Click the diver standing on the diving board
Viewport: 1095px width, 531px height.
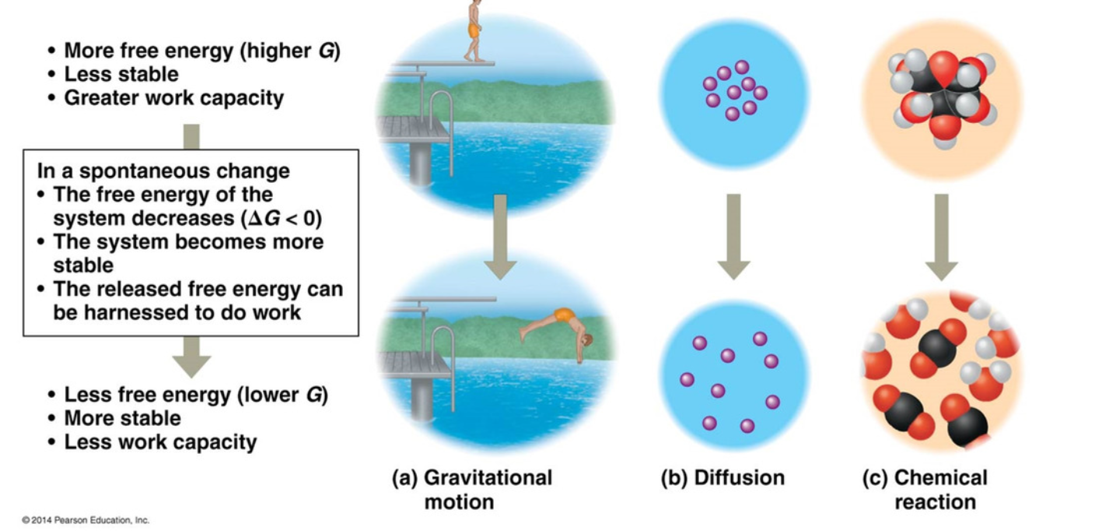(x=473, y=30)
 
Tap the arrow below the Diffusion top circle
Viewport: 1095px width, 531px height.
(x=733, y=237)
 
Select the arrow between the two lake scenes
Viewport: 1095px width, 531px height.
(x=500, y=237)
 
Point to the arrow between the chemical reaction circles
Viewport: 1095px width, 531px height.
(x=942, y=237)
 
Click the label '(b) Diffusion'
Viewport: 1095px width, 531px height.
(x=722, y=477)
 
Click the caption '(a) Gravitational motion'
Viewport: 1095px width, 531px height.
(x=472, y=490)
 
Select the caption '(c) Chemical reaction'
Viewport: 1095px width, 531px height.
(x=925, y=490)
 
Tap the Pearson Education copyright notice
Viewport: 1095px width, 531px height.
(x=86, y=520)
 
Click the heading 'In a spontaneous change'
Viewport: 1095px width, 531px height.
(x=163, y=171)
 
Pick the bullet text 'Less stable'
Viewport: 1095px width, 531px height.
(x=121, y=75)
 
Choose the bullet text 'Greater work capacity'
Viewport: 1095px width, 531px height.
(x=174, y=98)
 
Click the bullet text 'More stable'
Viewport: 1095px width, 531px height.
(x=122, y=418)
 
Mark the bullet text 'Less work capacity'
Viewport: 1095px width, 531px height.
(x=160, y=442)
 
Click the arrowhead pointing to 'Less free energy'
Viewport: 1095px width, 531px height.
(x=191, y=366)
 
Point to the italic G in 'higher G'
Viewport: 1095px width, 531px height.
(x=326, y=51)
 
